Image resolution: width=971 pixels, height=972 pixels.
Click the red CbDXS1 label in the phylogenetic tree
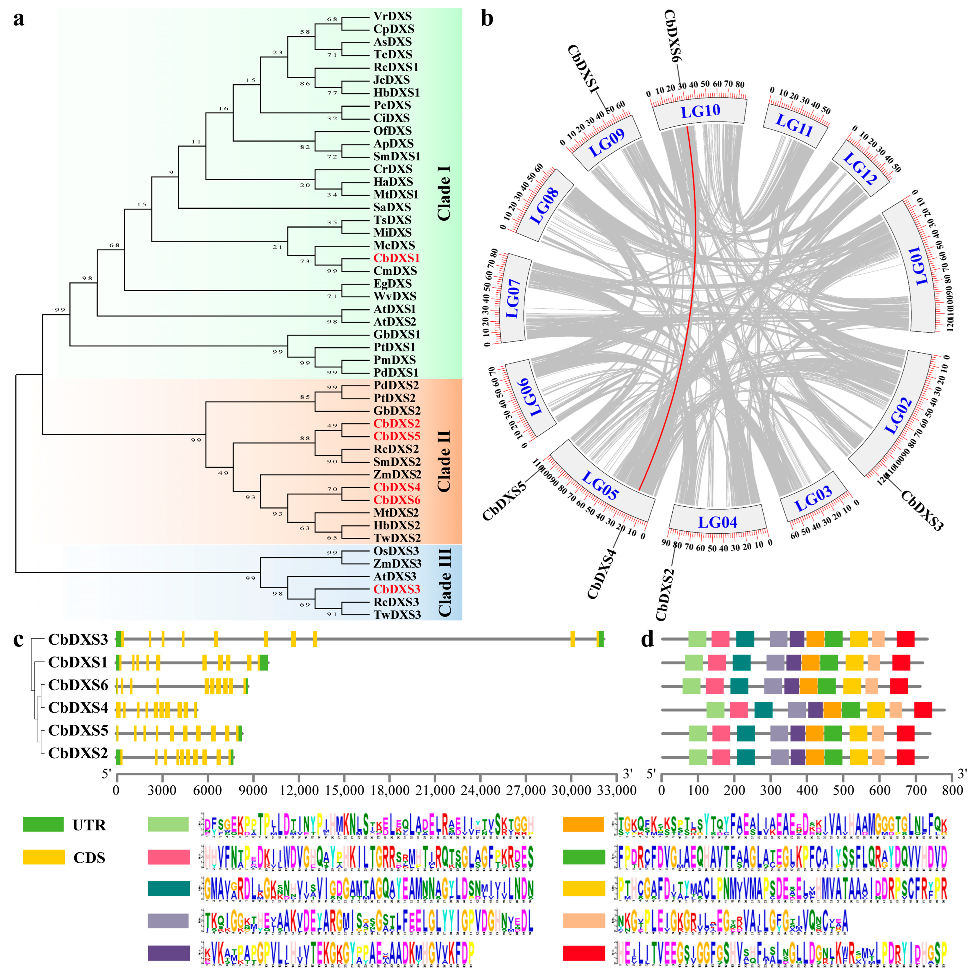(x=396, y=258)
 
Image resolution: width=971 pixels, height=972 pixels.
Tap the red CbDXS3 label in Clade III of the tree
(x=396, y=589)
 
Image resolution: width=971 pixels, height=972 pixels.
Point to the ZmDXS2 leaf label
(x=397, y=474)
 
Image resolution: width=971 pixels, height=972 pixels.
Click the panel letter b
(x=487, y=19)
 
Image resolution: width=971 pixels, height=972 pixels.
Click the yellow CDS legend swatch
(x=43, y=857)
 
